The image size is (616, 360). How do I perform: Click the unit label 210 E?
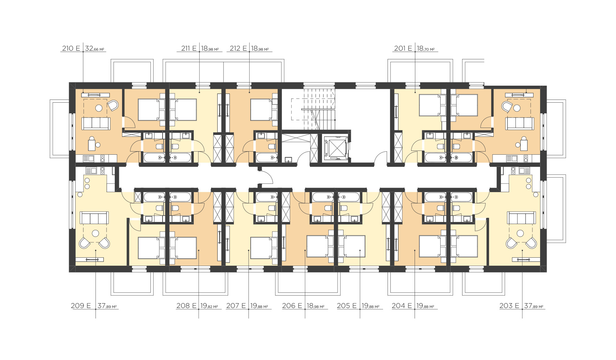pyautogui.click(x=71, y=49)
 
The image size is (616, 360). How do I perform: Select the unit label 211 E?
pyautogui.click(x=189, y=49)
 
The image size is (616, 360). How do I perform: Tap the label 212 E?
pyautogui.click(x=238, y=49)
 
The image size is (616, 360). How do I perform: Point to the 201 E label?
pyautogui.click(x=403, y=49)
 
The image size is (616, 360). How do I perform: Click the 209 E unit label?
pyautogui.click(x=81, y=306)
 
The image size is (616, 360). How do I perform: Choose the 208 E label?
pyautogui.click(x=186, y=306)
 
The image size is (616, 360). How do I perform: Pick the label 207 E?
pyautogui.click(x=236, y=306)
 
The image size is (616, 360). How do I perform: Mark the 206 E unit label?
pyautogui.click(x=292, y=306)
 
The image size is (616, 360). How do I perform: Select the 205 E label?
pyautogui.click(x=347, y=306)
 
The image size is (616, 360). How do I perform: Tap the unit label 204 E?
pyautogui.click(x=402, y=306)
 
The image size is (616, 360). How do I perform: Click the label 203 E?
pyautogui.click(x=510, y=306)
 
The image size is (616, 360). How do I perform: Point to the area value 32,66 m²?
pyautogui.click(x=95, y=49)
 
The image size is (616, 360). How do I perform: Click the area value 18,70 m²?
pyautogui.click(x=426, y=49)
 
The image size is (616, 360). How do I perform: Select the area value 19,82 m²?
pyautogui.click(x=209, y=306)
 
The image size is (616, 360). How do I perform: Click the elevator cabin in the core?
pyautogui.click(x=335, y=148)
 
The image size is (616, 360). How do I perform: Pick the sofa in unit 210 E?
pyautogui.click(x=96, y=123)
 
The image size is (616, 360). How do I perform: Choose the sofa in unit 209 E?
pyautogui.click(x=94, y=218)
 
